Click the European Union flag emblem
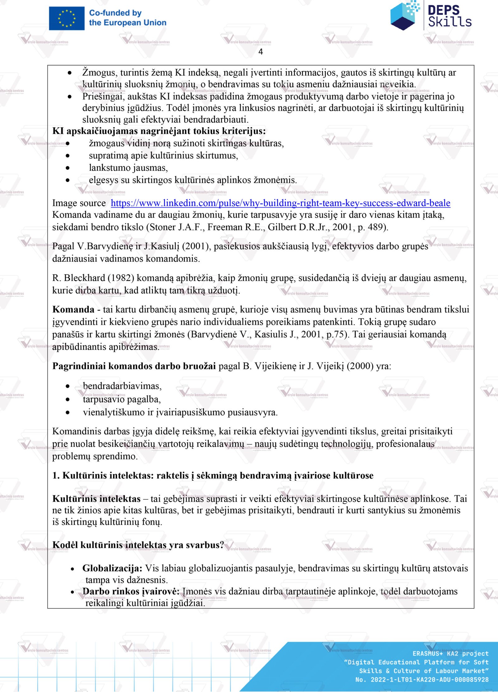[67, 19]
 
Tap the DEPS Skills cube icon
[404, 16]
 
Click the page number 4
[261, 52]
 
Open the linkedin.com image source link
[280, 203]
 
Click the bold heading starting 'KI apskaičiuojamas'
[159, 131]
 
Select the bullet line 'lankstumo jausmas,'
[128, 168]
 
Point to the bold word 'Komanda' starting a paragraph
[73, 310]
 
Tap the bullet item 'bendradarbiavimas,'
[122, 386]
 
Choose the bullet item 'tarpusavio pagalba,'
[122, 399]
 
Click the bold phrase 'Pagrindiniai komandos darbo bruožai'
[134, 366]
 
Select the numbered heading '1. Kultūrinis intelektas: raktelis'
[213, 476]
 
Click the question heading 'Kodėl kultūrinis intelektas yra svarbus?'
[138, 545]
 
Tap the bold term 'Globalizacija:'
[112, 568]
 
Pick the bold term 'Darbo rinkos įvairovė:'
[131, 591]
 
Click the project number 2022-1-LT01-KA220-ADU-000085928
[429, 680]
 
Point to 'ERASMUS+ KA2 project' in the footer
[450, 653]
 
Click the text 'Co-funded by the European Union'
[127, 18]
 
